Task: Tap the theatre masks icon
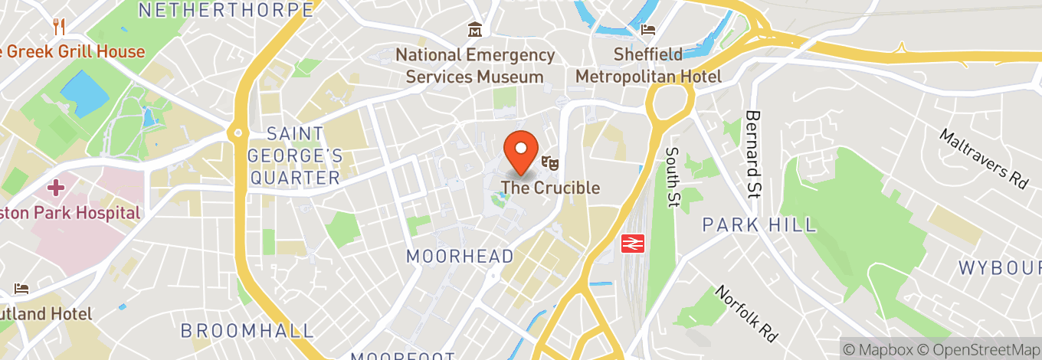(549, 162)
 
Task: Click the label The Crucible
(550, 188)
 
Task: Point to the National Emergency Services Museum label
(475, 66)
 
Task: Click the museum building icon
(475, 31)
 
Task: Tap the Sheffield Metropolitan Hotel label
(648, 66)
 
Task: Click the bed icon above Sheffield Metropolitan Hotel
(648, 31)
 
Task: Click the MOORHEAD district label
(460, 257)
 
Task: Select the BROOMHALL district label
(247, 331)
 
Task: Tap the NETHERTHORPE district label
(227, 10)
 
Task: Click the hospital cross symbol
(55, 187)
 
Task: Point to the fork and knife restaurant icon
(59, 27)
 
